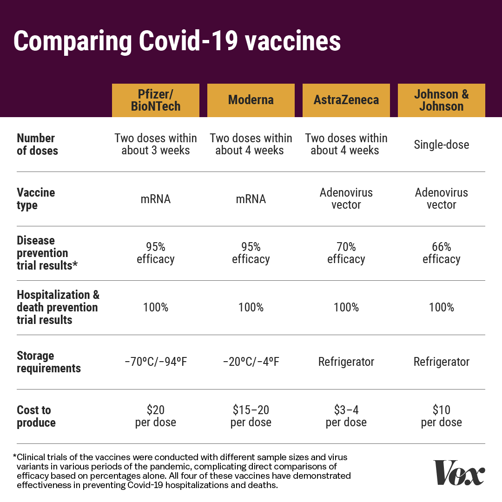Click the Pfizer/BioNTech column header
tap(156, 100)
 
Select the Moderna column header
tap(251, 100)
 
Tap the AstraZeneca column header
tap(346, 100)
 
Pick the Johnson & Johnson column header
tap(442, 100)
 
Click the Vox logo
tap(459, 473)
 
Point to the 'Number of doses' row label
tap(38, 145)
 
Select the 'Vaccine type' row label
tap(36, 199)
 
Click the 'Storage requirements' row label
tap(49, 362)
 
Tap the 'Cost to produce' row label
tap(36, 416)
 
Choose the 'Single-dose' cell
tap(442, 145)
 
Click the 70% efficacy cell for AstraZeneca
tap(346, 253)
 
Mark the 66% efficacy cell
tap(442, 253)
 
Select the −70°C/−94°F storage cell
tap(156, 362)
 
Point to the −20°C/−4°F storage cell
tap(251, 362)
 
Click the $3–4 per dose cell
tap(346, 416)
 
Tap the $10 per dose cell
tap(442, 416)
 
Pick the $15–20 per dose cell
tap(251, 416)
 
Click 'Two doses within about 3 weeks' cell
tap(156, 145)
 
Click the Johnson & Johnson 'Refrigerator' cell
tap(442, 362)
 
